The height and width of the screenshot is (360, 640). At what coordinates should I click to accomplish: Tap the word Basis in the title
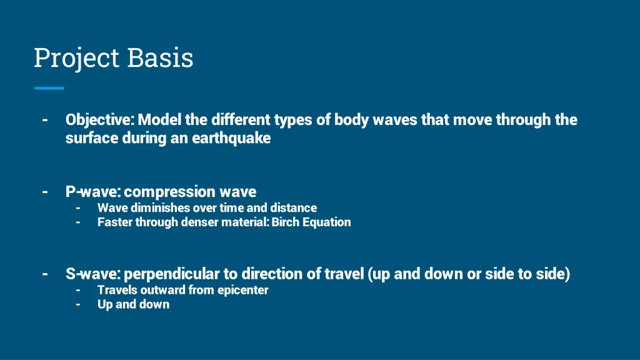click(161, 58)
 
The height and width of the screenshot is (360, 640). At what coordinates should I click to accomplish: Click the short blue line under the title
click(49, 88)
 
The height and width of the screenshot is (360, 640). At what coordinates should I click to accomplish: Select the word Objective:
click(100, 119)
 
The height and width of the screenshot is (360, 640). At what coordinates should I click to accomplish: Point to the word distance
click(293, 207)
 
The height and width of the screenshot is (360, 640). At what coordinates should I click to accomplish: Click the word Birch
click(286, 222)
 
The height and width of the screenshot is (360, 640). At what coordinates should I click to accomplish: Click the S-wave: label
click(94, 274)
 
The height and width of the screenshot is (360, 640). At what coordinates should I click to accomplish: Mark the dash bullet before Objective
click(45, 119)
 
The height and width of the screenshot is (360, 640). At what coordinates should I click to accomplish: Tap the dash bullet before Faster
click(78, 222)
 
